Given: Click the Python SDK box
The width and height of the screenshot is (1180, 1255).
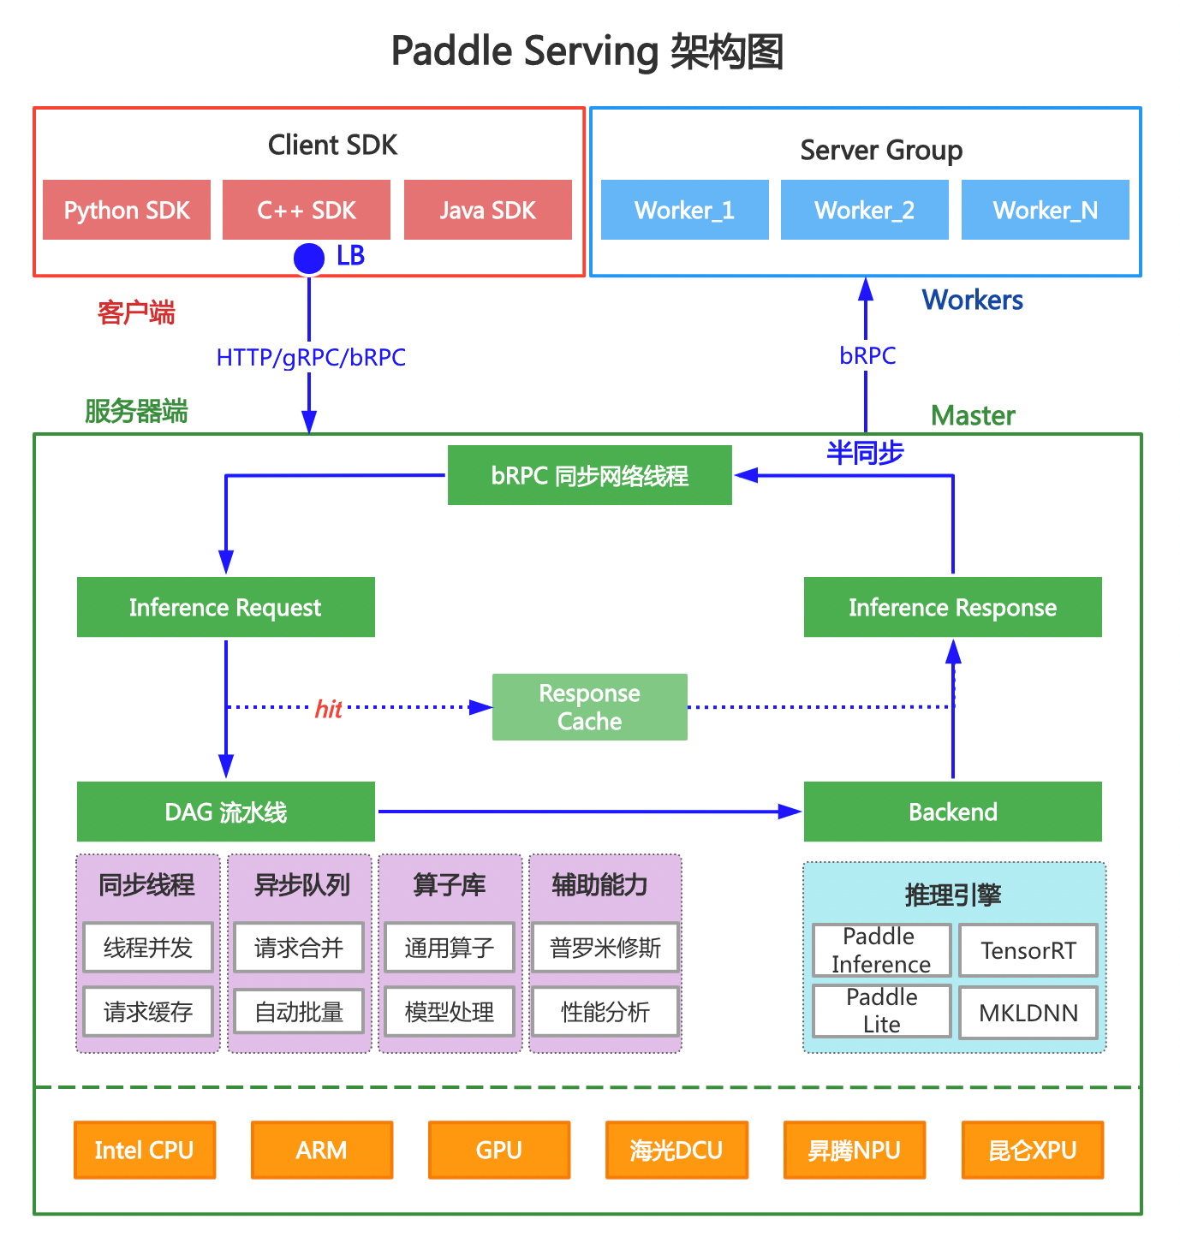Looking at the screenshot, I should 127,210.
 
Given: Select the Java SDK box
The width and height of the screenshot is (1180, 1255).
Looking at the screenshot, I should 487,210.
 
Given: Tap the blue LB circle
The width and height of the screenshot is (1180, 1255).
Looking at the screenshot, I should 309,258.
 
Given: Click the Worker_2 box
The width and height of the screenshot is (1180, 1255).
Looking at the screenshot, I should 864,210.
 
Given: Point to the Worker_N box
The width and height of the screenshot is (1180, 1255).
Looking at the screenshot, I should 1045,210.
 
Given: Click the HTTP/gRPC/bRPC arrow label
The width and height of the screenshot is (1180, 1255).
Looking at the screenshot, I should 311,357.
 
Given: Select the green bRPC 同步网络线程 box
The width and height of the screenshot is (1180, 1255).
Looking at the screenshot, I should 589,475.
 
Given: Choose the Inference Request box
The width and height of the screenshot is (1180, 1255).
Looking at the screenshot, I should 225,607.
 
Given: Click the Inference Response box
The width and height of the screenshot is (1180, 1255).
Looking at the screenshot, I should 952,607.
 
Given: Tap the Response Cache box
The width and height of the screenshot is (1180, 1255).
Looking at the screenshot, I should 589,707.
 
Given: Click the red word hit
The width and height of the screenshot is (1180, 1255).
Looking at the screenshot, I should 328,709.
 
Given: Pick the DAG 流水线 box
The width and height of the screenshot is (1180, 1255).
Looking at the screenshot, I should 225,812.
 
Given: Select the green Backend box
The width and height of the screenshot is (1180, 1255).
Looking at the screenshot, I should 952,812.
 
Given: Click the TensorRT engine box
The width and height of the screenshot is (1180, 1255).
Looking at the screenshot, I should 1028,950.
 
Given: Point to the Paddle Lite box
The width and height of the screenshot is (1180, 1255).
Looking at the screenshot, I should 881,1011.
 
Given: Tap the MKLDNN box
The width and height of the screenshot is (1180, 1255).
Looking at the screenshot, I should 1028,1013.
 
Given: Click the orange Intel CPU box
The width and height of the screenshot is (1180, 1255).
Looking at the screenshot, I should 144,1150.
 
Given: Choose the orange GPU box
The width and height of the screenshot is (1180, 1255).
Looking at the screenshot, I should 498,1150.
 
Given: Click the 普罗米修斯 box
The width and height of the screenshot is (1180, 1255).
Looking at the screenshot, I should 605,948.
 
